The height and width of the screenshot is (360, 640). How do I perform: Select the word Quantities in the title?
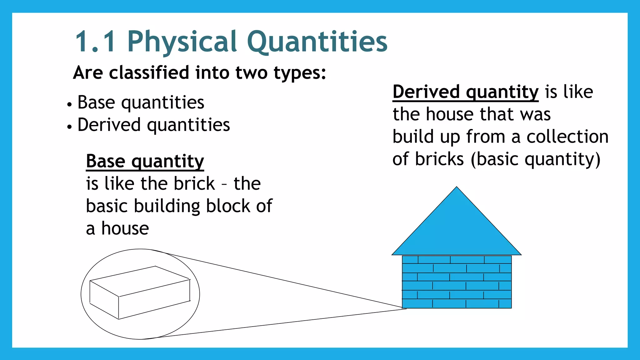(317, 42)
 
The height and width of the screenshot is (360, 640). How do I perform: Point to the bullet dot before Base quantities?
(69, 104)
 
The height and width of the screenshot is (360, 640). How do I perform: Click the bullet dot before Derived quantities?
(69, 127)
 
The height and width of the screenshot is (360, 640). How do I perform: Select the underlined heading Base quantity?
(145, 161)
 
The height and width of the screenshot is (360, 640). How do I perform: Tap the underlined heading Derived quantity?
(465, 92)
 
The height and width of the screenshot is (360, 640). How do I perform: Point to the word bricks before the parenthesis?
(439, 159)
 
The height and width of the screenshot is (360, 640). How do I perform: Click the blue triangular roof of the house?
(456, 231)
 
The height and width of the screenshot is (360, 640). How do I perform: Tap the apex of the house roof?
(457, 188)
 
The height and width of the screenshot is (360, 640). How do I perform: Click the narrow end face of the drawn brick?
(104, 299)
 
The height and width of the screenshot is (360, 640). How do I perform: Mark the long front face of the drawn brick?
(154, 299)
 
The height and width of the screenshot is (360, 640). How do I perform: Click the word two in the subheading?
(251, 73)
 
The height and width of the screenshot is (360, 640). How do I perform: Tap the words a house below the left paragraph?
(117, 228)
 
